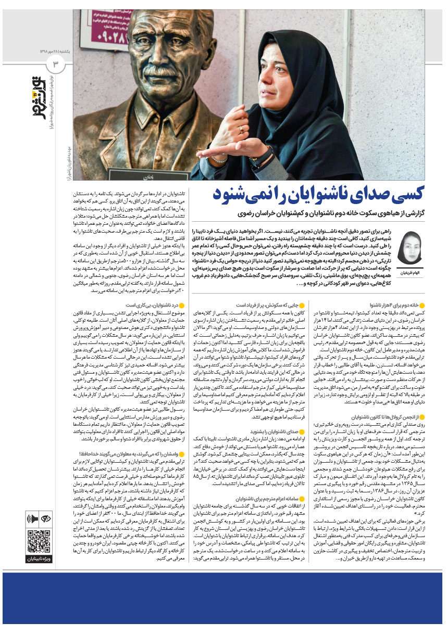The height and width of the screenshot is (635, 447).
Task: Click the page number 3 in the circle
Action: [x=56, y=64]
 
